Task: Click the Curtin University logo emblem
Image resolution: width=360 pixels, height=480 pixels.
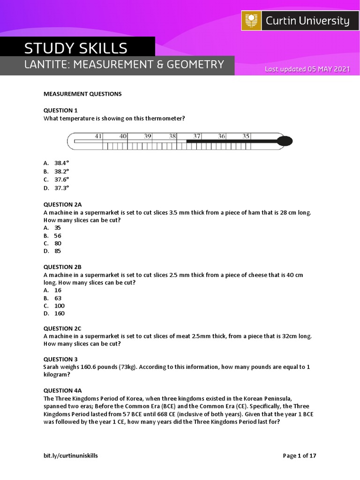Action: click(x=252, y=21)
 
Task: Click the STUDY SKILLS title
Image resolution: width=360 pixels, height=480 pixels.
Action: click(x=76, y=48)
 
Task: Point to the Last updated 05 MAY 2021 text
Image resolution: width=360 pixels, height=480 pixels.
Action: click(x=307, y=69)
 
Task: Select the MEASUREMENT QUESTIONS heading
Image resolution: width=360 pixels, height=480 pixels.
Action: click(x=82, y=94)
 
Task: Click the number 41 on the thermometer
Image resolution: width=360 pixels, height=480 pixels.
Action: click(x=98, y=136)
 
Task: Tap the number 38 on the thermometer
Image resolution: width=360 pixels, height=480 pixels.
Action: click(x=172, y=136)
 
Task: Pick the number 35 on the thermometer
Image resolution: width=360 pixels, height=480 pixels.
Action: click(x=246, y=136)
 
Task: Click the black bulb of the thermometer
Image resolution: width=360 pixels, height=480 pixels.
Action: click(x=285, y=141)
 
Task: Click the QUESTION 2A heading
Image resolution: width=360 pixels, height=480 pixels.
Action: click(x=63, y=204)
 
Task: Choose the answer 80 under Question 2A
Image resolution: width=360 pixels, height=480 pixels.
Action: click(x=58, y=243)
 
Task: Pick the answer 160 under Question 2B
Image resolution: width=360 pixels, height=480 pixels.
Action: click(x=59, y=313)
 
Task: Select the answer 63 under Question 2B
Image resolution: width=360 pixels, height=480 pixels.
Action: click(x=58, y=298)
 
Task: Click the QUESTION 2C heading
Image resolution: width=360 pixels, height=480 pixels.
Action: click(x=62, y=329)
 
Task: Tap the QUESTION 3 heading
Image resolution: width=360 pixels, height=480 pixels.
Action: click(x=60, y=360)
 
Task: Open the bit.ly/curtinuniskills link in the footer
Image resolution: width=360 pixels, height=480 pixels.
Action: click(x=71, y=455)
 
